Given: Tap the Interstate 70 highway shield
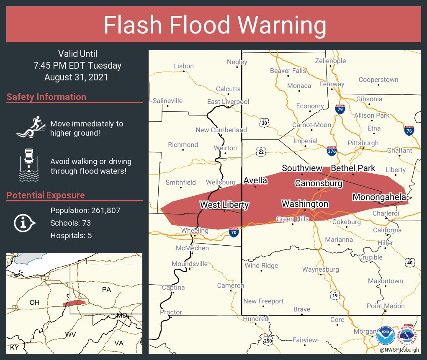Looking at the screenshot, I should pos(234,232).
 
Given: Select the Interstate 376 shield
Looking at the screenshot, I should pos(332,150).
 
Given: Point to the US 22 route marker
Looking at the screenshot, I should pos(261,151).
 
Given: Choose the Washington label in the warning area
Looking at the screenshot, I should pos(305,204).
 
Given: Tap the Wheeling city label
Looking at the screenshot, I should pos(195,231).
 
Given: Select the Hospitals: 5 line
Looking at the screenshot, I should pos(71,235).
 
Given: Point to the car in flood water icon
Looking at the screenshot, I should pos(29,165).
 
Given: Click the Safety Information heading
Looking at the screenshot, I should pos(46,97).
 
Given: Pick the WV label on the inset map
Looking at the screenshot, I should pos(70,334).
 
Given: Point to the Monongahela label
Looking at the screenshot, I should pos(379,197).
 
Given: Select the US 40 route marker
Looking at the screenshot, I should pos(410,262).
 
